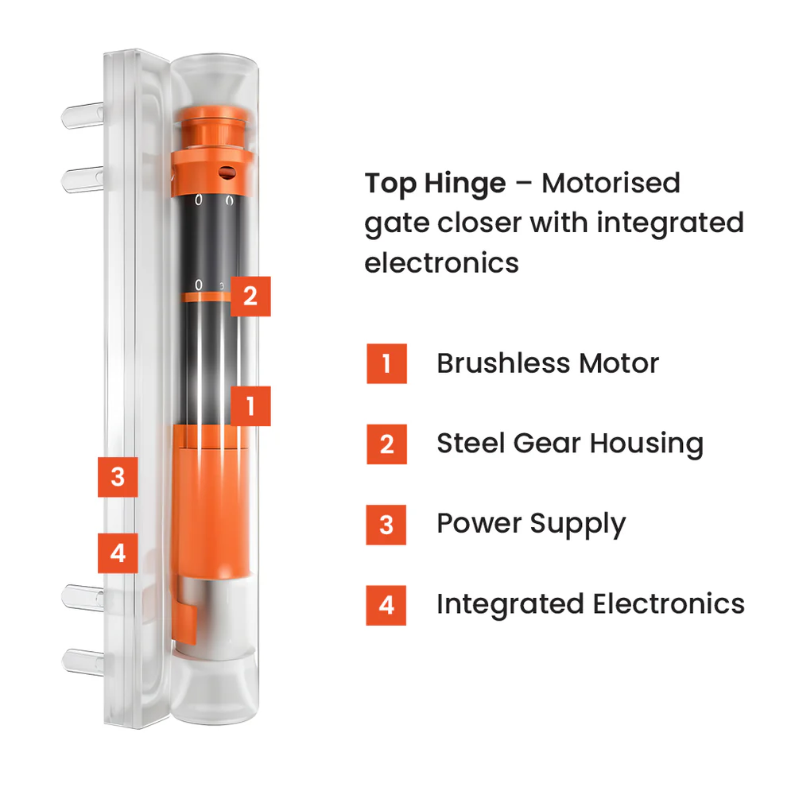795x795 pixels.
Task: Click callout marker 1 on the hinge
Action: [250, 406]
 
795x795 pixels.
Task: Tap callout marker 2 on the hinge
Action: [250, 297]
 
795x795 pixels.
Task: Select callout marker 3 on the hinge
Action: [118, 477]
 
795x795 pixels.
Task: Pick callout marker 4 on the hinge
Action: [118, 553]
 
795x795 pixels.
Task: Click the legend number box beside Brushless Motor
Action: [387, 363]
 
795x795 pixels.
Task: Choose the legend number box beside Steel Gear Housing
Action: [387, 444]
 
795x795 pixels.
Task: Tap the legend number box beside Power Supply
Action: [386, 525]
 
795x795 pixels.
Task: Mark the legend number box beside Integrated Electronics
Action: [386, 605]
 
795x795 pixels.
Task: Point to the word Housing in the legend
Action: [646, 444]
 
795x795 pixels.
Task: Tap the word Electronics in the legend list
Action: [669, 604]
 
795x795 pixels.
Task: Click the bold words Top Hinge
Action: [435, 184]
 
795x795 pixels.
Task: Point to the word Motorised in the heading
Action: [611, 183]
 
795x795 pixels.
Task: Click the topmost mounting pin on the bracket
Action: [83, 115]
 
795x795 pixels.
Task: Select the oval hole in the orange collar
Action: [227, 173]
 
